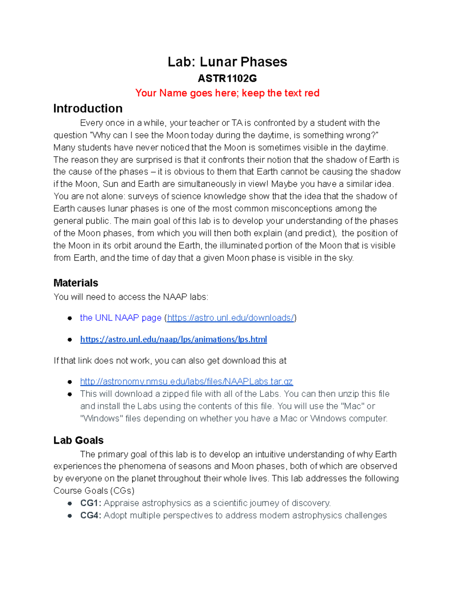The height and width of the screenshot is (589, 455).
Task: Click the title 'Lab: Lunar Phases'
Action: click(x=227, y=62)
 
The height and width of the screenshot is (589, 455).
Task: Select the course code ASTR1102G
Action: click(x=227, y=79)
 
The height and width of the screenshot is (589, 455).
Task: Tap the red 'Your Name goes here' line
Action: click(x=227, y=93)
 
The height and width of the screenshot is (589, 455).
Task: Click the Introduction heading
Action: click(x=88, y=108)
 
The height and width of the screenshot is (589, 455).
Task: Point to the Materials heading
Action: click(x=76, y=283)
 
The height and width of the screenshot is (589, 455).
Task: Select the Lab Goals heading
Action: click(x=78, y=440)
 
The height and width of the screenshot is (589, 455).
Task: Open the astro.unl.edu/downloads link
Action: click(x=231, y=318)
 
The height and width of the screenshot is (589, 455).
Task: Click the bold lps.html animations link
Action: click(x=173, y=339)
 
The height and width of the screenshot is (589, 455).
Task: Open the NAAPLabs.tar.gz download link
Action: click(x=186, y=382)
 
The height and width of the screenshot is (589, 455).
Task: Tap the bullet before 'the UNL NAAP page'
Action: click(x=70, y=318)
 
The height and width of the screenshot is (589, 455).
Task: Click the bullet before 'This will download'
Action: click(x=70, y=394)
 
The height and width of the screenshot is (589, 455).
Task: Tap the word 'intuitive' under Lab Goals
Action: click(x=270, y=454)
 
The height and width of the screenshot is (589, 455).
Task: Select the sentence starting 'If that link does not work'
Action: click(x=170, y=361)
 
